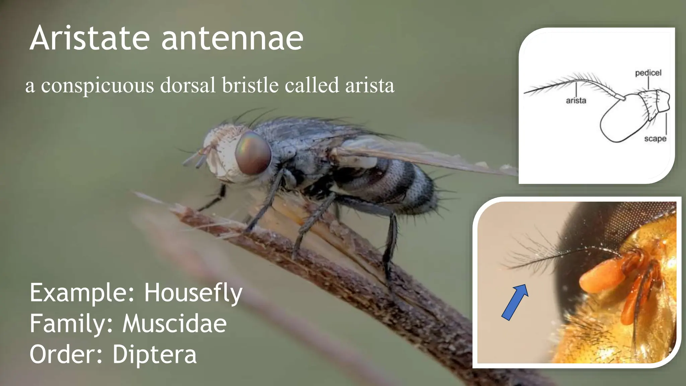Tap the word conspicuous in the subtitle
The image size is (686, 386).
click(97, 85)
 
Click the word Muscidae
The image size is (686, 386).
click(175, 324)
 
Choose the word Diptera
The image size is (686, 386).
click(154, 354)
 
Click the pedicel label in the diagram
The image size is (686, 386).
click(648, 73)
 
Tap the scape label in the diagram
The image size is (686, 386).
click(655, 138)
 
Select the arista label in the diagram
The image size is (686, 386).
click(576, 100)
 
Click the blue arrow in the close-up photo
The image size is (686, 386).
click(515, 302)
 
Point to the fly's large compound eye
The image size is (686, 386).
click(253, 153)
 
